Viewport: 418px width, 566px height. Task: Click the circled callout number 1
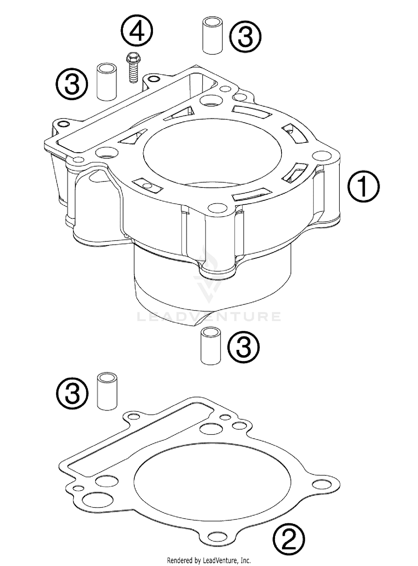pyautogui.click(x=364, y=186)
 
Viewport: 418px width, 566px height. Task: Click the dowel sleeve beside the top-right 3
pyautogui.click(x=213, y=36)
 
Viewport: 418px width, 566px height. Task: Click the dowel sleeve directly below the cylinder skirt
pyautogui.click(x=211, y=346)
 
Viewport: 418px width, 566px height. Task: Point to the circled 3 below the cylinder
pyautogui.click(x=244, y=347)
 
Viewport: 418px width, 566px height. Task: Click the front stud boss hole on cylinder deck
pyautogui.click(x=218, y=208)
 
